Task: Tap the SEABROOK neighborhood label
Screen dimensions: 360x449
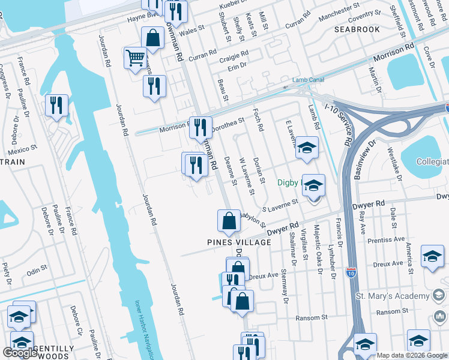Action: tap(357, 29)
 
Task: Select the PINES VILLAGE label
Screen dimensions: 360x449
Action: tap(240, 242)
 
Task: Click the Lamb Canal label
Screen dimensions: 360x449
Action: tap(308, 80)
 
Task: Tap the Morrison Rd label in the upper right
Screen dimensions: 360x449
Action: tap(394, 53)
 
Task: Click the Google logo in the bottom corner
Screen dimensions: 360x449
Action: tap(20, 353)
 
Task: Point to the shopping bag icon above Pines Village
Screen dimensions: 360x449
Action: tap(229, 221)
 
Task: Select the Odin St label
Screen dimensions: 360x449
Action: tap(37, 268)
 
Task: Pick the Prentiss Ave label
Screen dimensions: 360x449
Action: tap(388, 241)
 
